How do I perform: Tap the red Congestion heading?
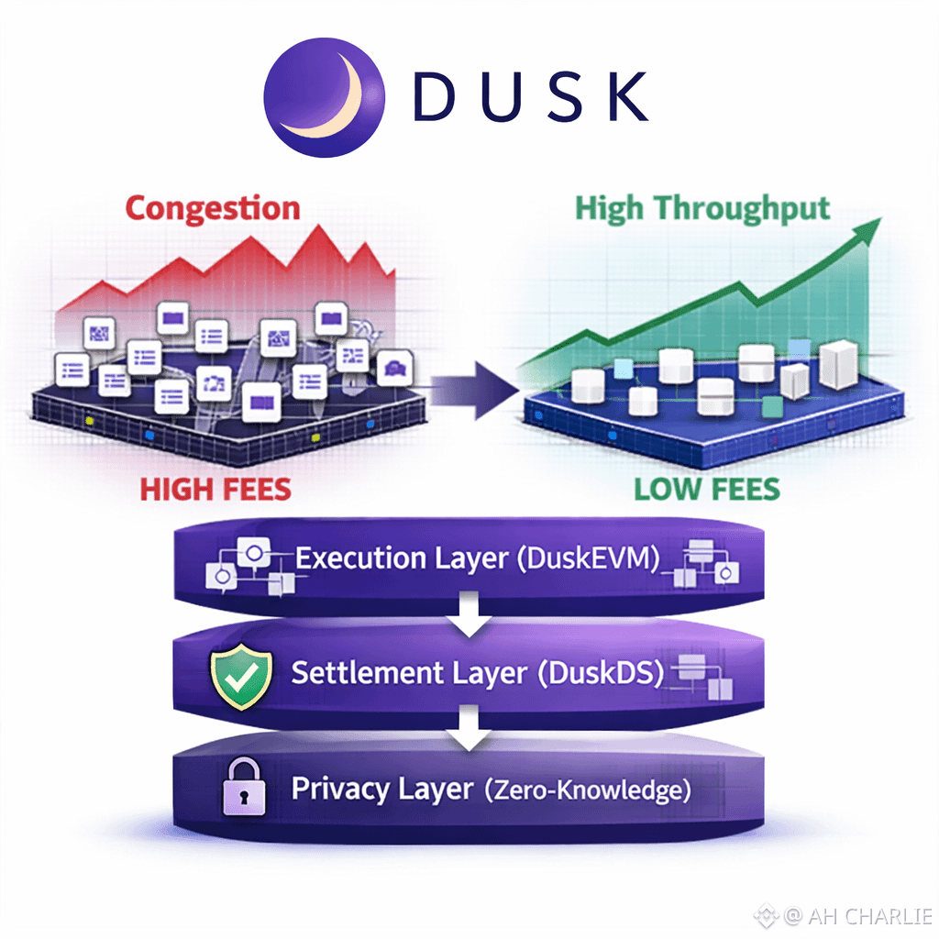(x=212, y=208)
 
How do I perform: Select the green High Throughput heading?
(x=701, y=207)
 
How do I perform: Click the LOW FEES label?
(x=706, y=488)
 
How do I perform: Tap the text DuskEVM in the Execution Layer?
(x=588, y=558)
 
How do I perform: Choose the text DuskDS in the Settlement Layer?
(x=601, y=673)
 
